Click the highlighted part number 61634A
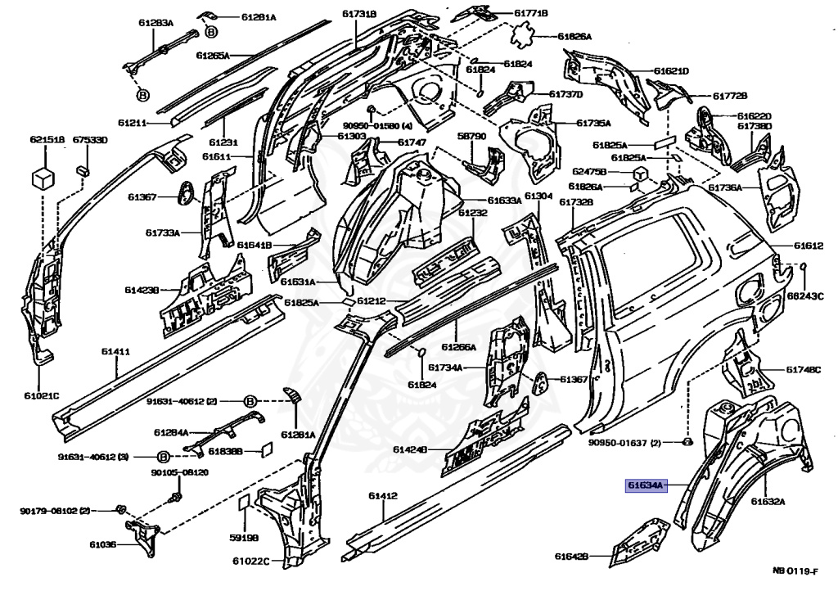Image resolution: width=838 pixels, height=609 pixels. click(647, 485)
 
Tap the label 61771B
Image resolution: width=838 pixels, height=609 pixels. click(531, 13)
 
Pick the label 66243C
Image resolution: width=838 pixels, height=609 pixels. click(805, 295)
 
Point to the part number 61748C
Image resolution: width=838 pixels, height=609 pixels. click(803, 369)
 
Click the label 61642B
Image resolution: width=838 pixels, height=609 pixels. click(571, 557)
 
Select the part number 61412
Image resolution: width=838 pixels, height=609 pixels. click(382, 496)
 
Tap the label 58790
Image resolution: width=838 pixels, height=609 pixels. click(471, 136)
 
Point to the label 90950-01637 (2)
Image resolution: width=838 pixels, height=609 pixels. click(624, 444)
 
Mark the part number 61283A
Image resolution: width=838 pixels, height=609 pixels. click(156, 24)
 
